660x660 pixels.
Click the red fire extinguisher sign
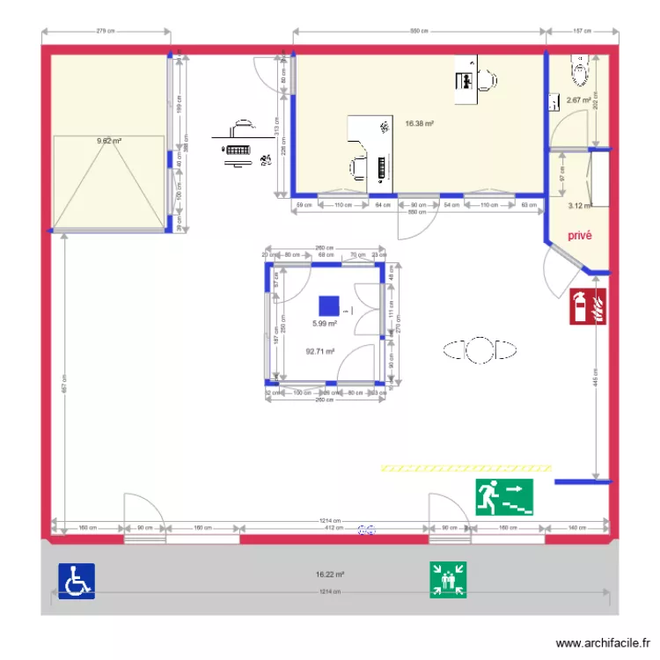[x=589, y=306]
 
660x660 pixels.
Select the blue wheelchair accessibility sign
[x=77, y=582]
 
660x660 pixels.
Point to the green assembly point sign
[x=448, y=582]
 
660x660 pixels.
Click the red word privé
[x=579, y=236]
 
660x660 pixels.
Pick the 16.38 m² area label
[x=419, y=124]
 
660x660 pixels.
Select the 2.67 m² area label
[x=578, y=100]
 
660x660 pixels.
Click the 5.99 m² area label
[x=325, y=323]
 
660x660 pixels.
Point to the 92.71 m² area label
[x=320, y=351]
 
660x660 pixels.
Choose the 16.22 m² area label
[x=330, y=576]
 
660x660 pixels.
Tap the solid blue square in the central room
[x=328, y=305]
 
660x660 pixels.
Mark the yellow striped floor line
[x=466, y=467]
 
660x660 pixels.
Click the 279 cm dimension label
[x=106, y=31]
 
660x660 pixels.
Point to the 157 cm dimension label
[x=582, y=31]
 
